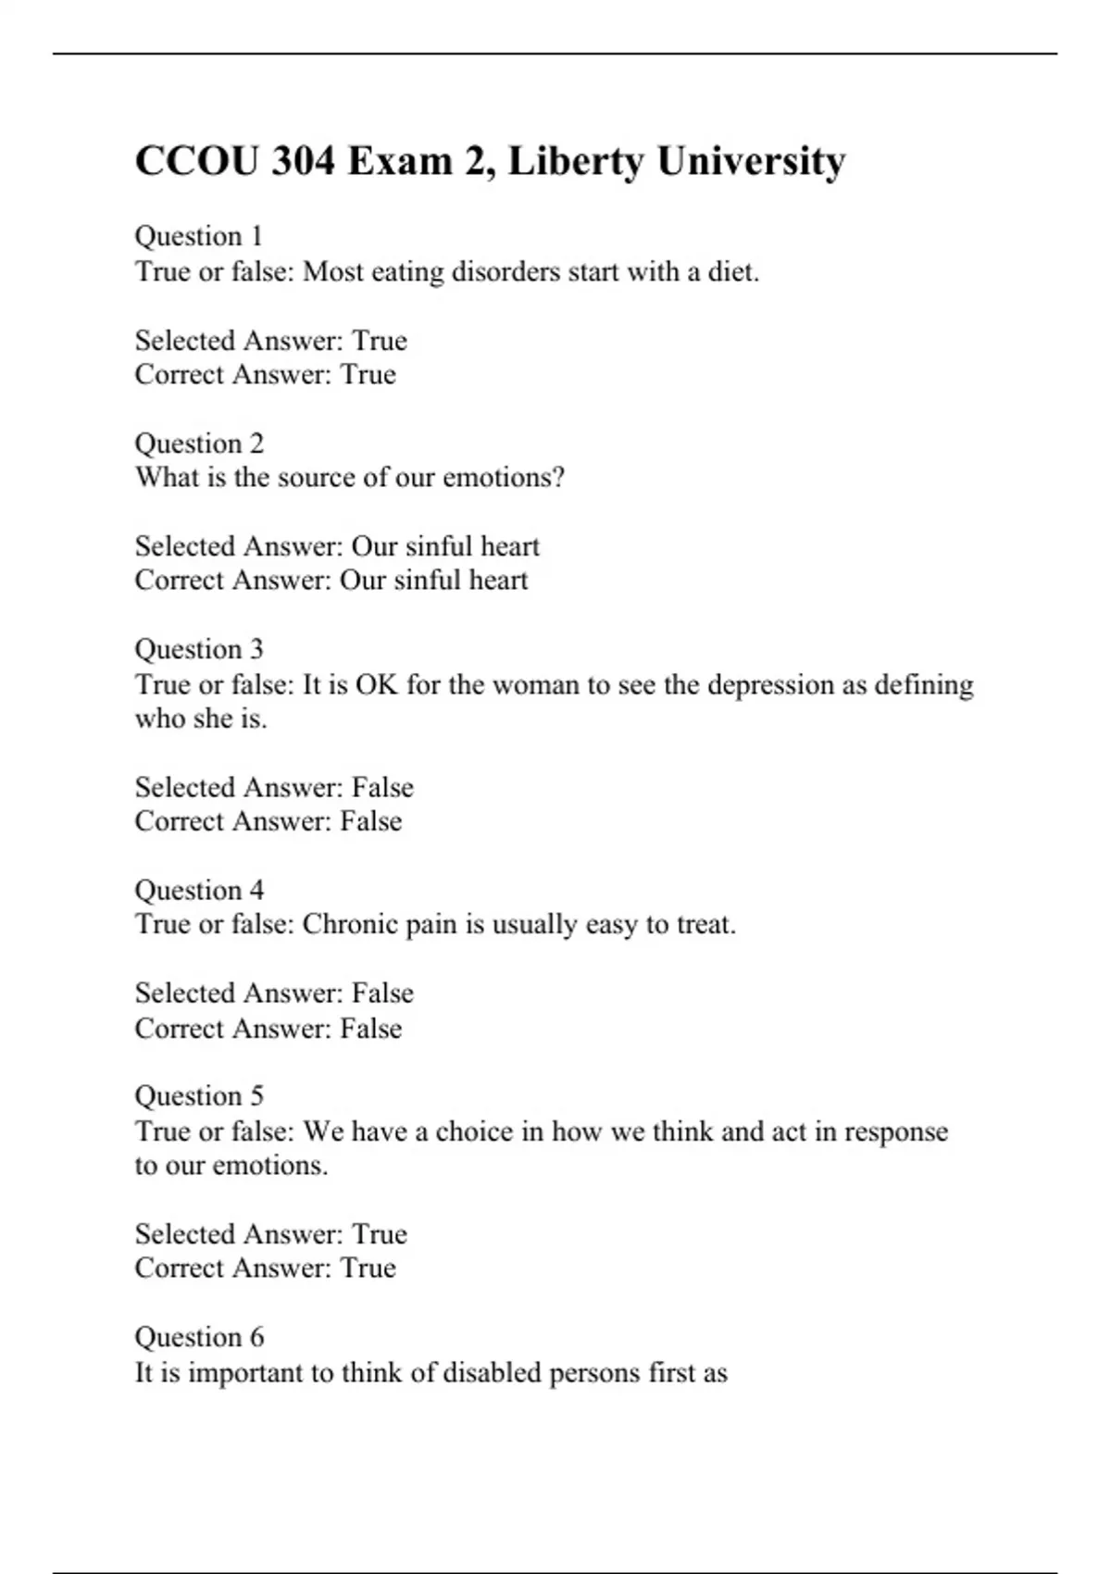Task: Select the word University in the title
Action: pyautogui.click(x=751, y=161)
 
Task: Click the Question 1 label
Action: pyautogui.click(x=199, y=236)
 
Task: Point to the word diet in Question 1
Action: pyautogui.click(x=731, y=271)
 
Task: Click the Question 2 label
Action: pyautogui.click(x=199, y=443)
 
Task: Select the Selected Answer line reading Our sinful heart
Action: pyautogui.click(x=337, y=546)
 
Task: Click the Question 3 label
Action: pyautogui.click(x=199, y=649)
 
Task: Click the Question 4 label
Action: pyautogui.click(x=199, y=890)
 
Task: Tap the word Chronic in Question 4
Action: pyautogui.click(x=351, y=924)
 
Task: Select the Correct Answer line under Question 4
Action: pyautogui.click(x=268, y=1028)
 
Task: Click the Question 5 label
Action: pyautogui.click(x=199, y=1095)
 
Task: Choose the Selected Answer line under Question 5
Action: pyautogui.click(x=270, y=1234)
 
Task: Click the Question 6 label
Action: pyautogui.click(x=199, y=1337)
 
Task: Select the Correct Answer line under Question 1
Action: pyautogui.click(x=265, y=374)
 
